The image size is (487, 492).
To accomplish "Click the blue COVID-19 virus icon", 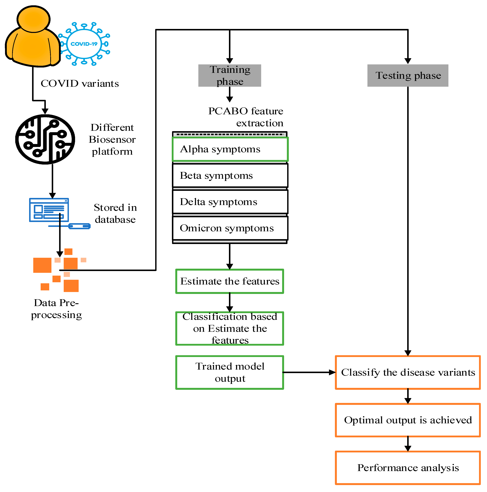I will coord(84,44).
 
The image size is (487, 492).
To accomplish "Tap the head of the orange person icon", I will coord(33,19).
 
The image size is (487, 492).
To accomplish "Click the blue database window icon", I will coord(49,210).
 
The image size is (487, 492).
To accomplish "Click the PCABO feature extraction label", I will coord(246,117).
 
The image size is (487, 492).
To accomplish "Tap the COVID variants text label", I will coord(80,84).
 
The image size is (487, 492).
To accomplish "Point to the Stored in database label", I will coord(115,213).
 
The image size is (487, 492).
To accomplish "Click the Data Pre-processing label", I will coord(56,309).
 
